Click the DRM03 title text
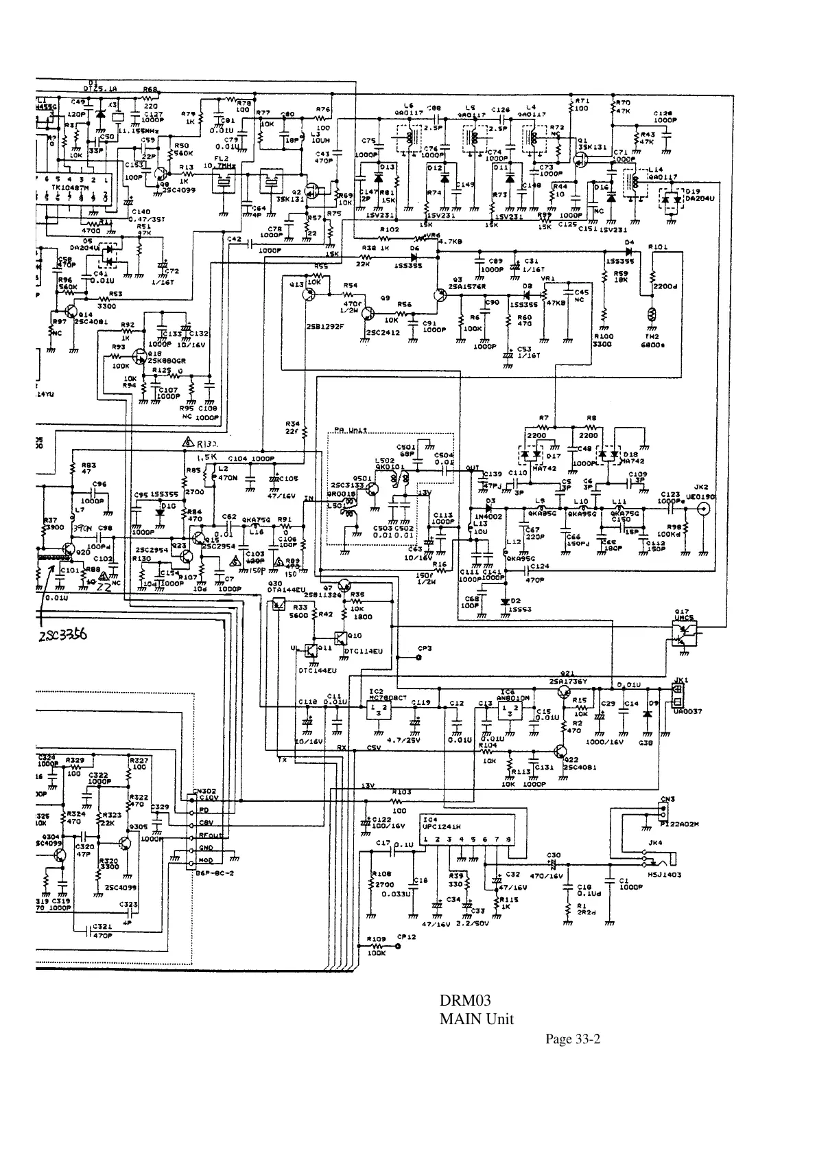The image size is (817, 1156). tap(464, 1000)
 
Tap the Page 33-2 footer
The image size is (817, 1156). tap(573, 1039)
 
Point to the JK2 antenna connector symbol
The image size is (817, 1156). tap(703, 509)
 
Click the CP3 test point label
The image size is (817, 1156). tap(425, 648)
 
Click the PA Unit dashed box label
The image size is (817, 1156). tap(350, 430)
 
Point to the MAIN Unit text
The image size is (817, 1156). tap(476, 1019)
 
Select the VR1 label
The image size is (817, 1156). tap(548, 279)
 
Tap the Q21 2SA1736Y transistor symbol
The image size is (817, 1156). tap(564, 692)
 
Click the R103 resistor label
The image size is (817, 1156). tap(401, 791)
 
